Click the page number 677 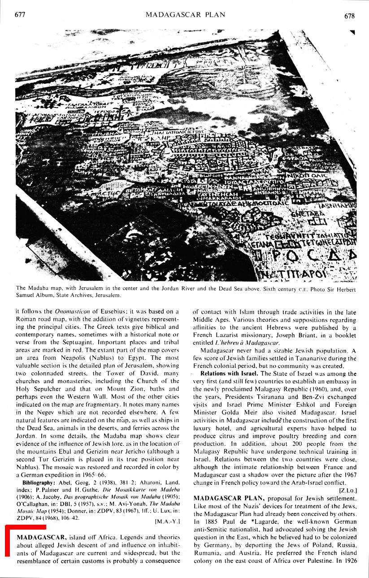[x=20, y=15]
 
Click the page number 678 [x=349, y=16]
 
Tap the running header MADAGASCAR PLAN [x=185, y=15]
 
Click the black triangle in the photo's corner [x=352, y=32]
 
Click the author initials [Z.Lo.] [x=348, y=490]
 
